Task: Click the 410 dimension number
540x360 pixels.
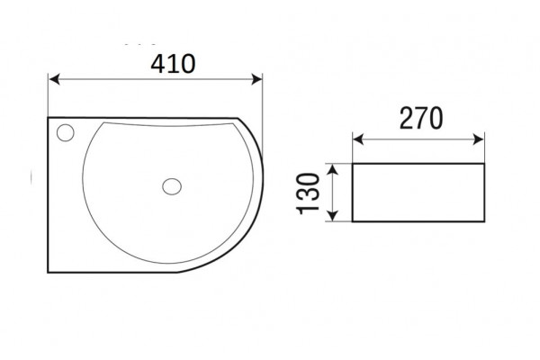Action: (x=173, y=64)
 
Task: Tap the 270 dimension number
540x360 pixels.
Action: (x=421, y=118)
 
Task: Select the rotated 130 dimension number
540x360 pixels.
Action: (x=308, y=193)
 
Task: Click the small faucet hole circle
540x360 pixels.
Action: (x=65, y=132)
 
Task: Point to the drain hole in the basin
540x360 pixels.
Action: (x=172, y=186)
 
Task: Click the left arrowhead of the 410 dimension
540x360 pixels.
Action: (x=55, y=79)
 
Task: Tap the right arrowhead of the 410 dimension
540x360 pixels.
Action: (x=256, y=79)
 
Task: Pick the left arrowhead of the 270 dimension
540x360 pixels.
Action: (x=358, y=139)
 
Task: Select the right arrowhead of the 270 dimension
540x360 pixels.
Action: (x=479, y=139)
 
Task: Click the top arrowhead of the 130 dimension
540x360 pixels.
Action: (x=332, y=170)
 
